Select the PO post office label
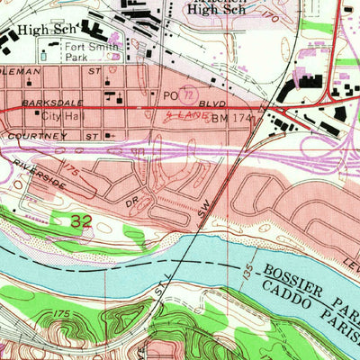click(170, 94)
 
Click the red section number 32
click(80, 220)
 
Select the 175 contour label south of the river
click(61, 313)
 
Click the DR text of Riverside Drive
click(132, 205)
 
